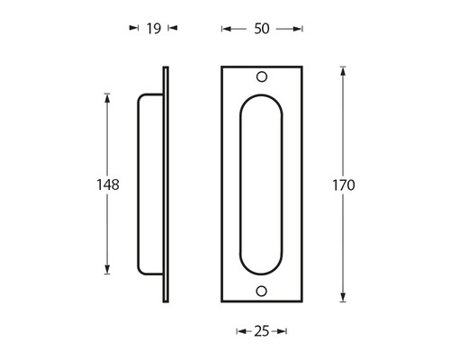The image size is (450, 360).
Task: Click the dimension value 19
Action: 153,29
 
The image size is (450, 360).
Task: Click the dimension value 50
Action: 262,29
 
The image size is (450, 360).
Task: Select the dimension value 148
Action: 109,184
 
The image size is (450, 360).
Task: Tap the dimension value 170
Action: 344,185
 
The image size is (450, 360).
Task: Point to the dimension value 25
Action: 261,332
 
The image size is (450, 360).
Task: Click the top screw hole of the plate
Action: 262,77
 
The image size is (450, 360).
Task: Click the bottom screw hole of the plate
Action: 262,291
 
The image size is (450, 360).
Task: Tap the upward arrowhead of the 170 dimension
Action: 344,70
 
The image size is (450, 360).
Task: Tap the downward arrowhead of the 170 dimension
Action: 344,299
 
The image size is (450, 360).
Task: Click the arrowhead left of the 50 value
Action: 226,29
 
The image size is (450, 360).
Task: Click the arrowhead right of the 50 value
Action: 298,29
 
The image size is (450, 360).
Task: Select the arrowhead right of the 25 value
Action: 282,332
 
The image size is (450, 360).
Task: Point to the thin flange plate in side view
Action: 165,184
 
